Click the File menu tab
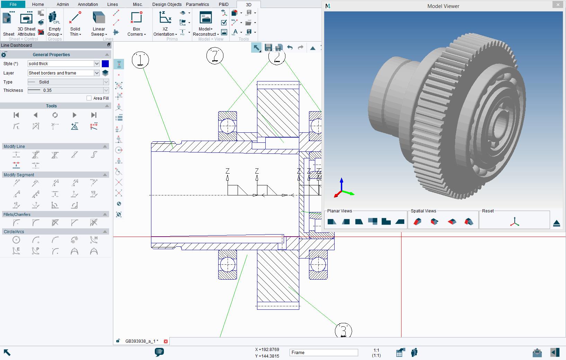coord(13,4)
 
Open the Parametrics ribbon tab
coord(197,4)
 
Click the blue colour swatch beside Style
coord(105,64)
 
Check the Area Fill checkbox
coord(89,98)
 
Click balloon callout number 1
coord(140,60)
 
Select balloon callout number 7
coord(215,56)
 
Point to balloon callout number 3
coord(343,331)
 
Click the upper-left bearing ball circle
coord(228,126)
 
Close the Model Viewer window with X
coord(558,5)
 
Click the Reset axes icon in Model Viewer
coord(515,222)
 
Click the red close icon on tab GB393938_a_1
coord(166,341)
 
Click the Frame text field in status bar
coord(324,353)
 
